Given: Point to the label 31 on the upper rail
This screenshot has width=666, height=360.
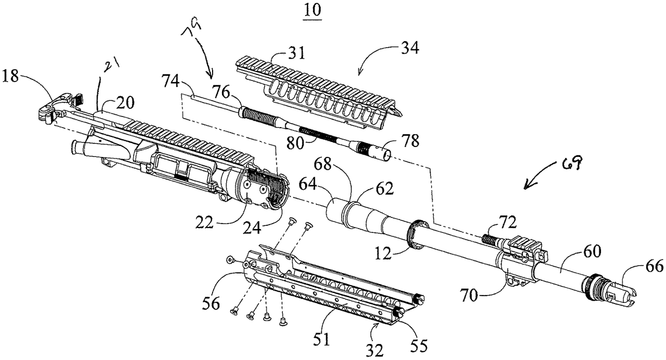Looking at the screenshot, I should pos(297,54).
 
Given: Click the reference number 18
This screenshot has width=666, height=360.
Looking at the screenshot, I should pos(12,76).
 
